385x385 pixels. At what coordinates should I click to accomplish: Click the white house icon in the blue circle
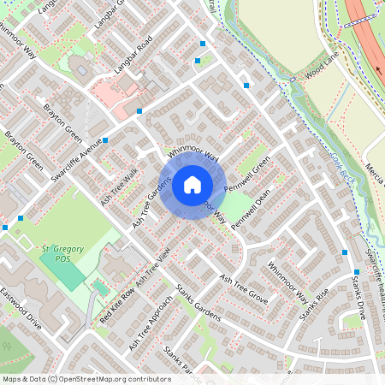[192, 184]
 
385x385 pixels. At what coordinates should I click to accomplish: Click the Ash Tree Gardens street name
[151, 203]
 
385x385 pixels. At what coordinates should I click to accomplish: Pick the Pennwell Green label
[247, 173]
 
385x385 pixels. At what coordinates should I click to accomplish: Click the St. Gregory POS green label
[62, 253]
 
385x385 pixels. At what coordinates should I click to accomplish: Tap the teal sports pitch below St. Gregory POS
[62, 269]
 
